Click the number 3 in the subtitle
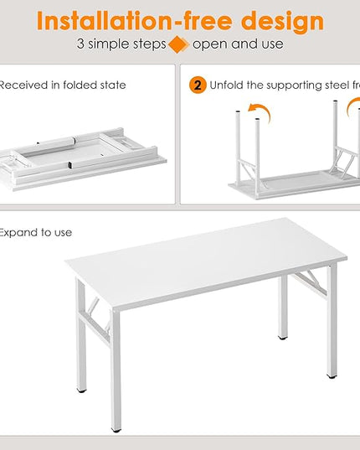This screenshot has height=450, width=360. pyautogui.click(x=80, y=44)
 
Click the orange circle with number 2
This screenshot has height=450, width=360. pyautogui.click(x=198, y=85)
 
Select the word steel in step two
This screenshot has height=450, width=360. pyautogui.click(x=322, y=85)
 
